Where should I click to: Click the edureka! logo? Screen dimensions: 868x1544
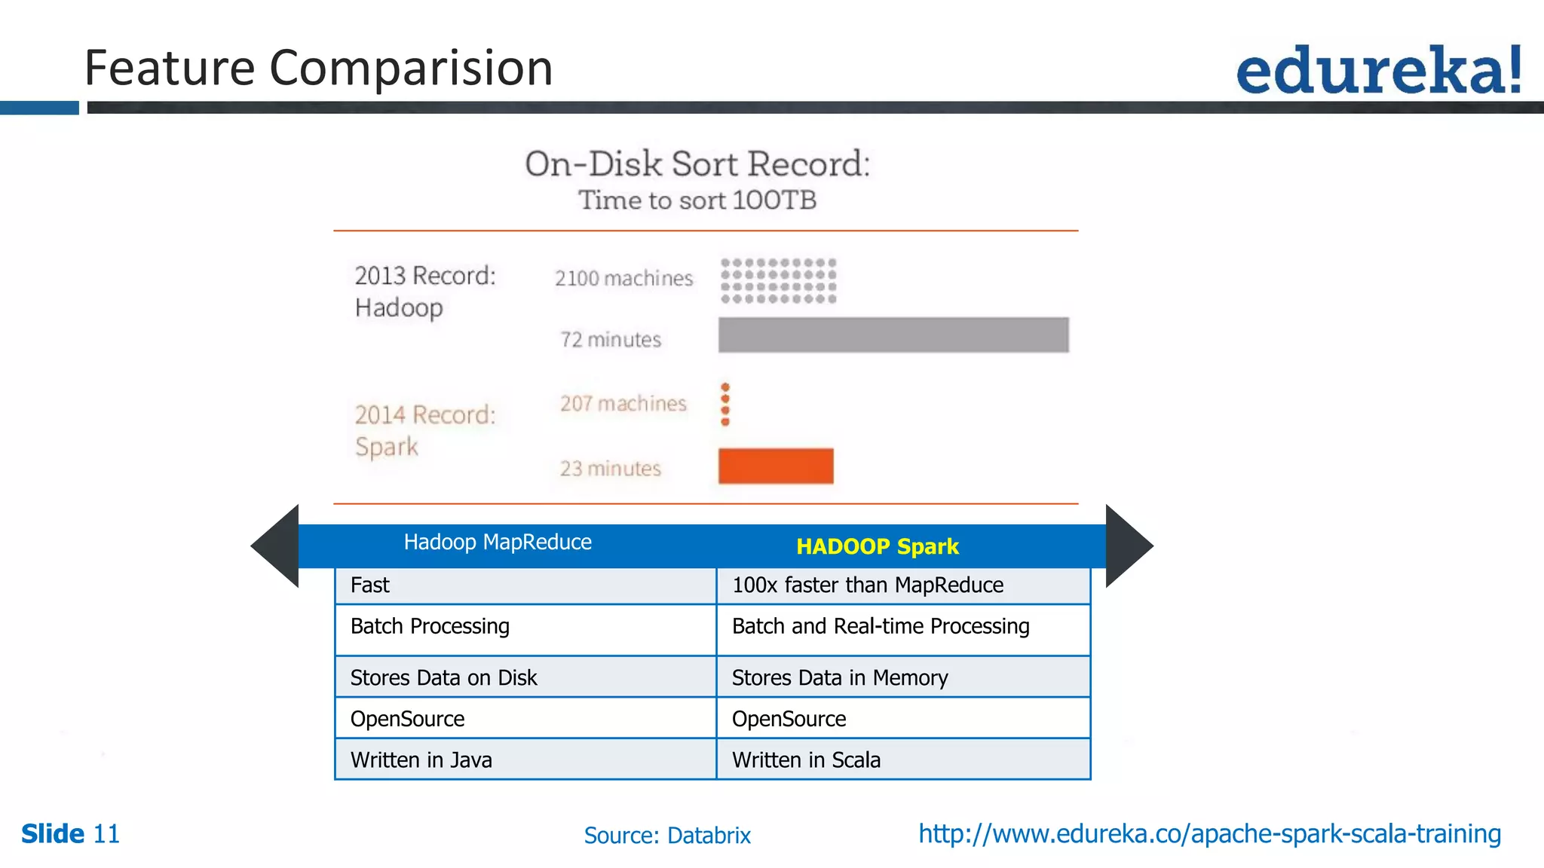pyautogui.click(x=1378, y=70)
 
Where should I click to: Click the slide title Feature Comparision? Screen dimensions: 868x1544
pyautogui.click(x=318, y=68)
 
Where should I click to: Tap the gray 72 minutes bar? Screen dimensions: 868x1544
pyautogui.click(x=893, y=335)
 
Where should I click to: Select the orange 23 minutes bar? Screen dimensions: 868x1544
pyautogui.click(x=776, y=466)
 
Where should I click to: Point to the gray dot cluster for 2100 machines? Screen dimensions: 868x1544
pyautogui.click(x=778, y=280)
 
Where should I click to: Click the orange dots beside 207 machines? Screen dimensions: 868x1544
pyautogui.click(x=725, y=404)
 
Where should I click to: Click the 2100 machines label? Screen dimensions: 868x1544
pyautogui.click(x=623, y=278)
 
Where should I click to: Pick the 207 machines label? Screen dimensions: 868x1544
pyautogui.click(x=623, y=403)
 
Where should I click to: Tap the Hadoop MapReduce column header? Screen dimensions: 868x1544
pyautogui.click(x=498, y=542)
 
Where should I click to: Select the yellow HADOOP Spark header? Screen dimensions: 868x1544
pyautogui.click(x=877, y=546)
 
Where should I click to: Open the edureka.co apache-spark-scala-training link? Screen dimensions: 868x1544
pyautogui.click(x=1209, y=834)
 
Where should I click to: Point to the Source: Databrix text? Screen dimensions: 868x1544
pyautogui.click(x=667, y=836)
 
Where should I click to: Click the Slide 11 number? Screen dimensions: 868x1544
pyautogui.click(x=71, y=834)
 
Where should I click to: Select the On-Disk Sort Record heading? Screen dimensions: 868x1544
pyautogui.click(x=697, y=164)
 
